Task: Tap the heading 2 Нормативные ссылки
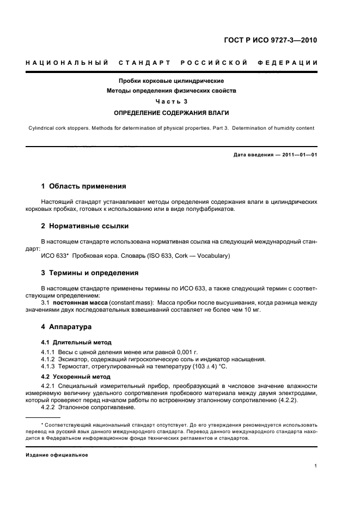85,226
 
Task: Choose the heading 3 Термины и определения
90,272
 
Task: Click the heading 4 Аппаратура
66,327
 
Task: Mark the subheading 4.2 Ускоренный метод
76,377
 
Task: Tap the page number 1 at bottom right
316,466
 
